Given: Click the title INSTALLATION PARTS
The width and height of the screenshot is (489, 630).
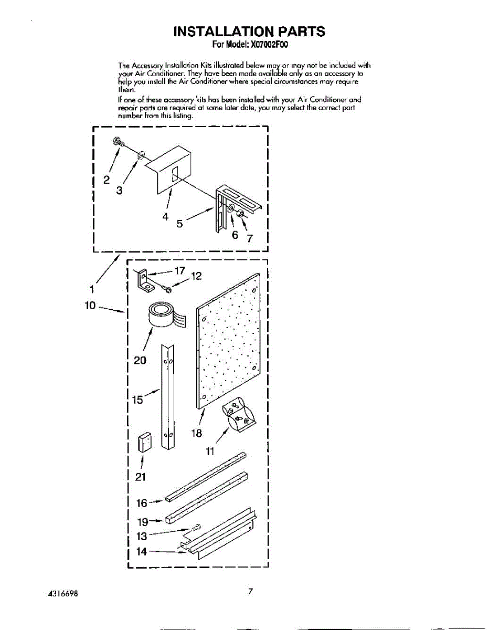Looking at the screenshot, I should point(249,31).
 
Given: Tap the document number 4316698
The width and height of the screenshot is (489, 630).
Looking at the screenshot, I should point(65,593).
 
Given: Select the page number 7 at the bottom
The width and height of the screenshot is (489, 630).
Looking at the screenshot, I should point(251,592).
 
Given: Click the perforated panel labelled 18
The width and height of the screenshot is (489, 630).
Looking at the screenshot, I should point(228,341).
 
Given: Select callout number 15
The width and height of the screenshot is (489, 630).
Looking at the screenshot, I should point(137,400).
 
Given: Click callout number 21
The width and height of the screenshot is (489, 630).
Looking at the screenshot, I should point(140,477).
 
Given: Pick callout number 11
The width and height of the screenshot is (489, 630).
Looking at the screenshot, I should point(210,453).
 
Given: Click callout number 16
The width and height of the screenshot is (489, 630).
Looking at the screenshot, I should point(142,503).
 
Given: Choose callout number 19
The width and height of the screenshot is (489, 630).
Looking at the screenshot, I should point(142,522).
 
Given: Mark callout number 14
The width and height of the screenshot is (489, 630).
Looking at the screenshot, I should point(141,552).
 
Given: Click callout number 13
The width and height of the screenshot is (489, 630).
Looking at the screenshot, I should point(141,537).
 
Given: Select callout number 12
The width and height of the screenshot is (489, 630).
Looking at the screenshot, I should point(196,276).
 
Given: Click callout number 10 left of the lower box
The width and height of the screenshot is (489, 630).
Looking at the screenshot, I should point(91,305).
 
